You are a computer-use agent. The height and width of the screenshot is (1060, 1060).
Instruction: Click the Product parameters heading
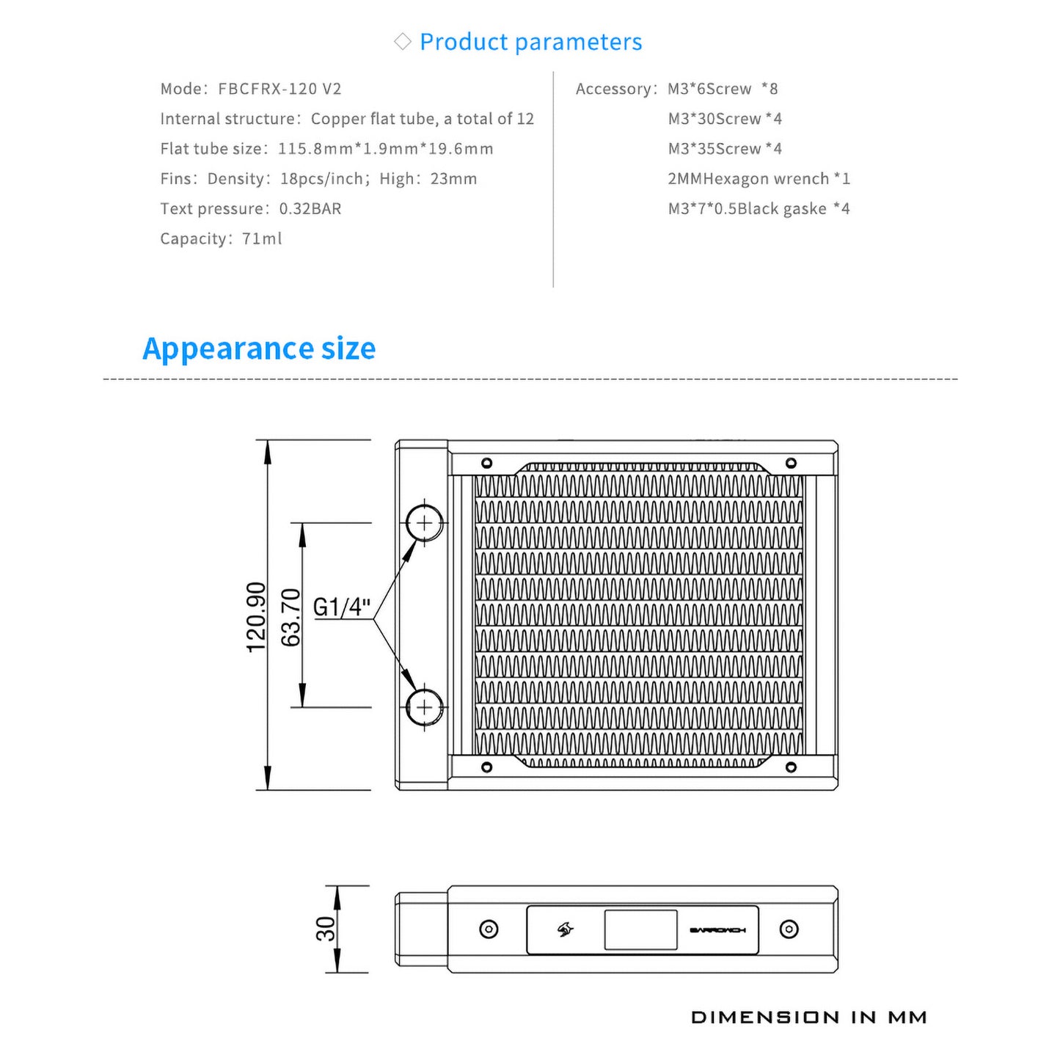coord(530,42)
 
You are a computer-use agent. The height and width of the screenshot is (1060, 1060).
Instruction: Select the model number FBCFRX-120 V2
coord(279,89)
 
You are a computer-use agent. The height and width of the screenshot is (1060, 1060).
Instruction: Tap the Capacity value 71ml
coord(262,238)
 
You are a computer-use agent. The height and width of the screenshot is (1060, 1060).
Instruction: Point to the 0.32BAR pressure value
coord(310,208)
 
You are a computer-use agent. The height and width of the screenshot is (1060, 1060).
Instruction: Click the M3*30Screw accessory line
coord(725,119)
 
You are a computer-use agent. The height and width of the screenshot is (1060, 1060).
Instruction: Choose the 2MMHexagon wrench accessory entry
coord(759,179)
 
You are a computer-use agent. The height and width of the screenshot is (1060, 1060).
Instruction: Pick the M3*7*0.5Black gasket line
coord(759,209)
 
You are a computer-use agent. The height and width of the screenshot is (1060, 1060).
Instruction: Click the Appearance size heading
coord(259,348)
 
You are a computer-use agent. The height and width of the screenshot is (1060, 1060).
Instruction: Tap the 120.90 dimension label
coord(256,617)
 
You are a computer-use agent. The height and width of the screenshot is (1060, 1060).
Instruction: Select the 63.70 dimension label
coord(291,617)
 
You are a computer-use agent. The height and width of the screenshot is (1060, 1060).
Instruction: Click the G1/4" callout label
coord(342,607)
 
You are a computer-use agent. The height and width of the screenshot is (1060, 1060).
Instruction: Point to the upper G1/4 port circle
coord(425,523)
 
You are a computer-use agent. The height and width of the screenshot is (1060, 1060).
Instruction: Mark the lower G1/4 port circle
coord(425,707)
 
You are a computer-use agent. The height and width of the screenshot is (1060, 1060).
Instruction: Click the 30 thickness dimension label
coord(325,929)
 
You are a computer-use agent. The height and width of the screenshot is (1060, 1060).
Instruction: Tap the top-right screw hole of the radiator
coord(791,463)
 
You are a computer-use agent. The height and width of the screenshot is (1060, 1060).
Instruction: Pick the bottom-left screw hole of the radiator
coord(486,767)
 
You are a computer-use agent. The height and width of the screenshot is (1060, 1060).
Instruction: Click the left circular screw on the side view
coord(489,929)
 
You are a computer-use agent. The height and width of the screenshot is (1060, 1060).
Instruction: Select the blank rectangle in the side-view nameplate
coord(640,929)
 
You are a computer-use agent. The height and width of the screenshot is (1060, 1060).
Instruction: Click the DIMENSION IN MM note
coord(809,1017)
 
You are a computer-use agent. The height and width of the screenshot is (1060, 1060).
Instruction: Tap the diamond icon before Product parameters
coord(402,42)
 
